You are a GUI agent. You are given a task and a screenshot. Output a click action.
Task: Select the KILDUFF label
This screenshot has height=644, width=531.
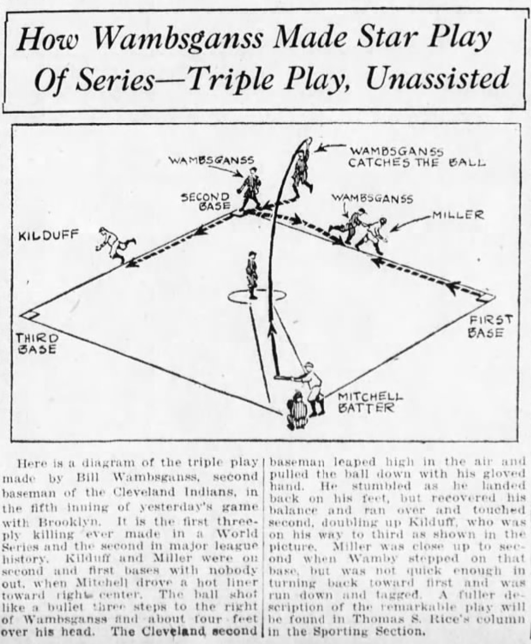pos(48,236)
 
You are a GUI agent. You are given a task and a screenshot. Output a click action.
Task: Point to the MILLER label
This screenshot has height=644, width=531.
pos(457,215)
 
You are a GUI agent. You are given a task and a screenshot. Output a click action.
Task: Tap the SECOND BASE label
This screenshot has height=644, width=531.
pos(206,201)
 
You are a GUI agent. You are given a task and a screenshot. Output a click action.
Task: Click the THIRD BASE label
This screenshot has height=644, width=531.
pos(37,344)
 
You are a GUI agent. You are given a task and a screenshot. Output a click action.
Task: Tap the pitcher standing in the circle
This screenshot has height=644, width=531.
pos(251,274)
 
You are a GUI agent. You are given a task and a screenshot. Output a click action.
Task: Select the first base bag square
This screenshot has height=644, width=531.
pos(487,298)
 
